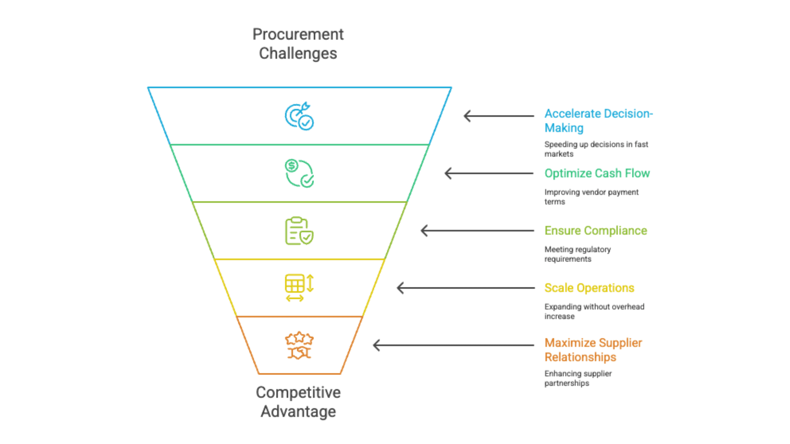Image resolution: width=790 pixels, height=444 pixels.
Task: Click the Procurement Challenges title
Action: pos(298,44)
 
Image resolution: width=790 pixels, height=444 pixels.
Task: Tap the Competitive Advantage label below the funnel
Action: pos(298,402)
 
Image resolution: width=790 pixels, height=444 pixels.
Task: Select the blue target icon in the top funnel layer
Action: pos(299,116)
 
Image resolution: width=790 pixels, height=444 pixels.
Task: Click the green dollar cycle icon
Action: pos(299,173)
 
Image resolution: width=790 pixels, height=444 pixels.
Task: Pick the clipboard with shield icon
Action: pos(299,231)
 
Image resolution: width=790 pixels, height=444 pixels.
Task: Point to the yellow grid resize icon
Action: pos(299,288)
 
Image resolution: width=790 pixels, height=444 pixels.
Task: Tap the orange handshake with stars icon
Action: pos(299,345)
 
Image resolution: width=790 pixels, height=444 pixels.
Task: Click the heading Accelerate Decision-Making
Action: pos(598,120)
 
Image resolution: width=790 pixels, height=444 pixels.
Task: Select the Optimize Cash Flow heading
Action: pos(597,173)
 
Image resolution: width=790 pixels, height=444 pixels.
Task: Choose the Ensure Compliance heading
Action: pos(595,231)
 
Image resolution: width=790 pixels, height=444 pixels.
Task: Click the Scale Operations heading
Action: pos(589,288)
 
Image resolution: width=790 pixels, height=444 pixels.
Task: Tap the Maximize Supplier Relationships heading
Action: pos(593,350)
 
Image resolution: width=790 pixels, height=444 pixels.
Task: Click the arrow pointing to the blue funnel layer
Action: pos(499,116)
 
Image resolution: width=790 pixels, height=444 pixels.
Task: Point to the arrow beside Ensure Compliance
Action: pos(477,231)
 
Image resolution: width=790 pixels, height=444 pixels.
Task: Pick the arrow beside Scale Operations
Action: pos(465,288)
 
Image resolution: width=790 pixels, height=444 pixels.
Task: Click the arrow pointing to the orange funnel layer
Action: pos(453,345)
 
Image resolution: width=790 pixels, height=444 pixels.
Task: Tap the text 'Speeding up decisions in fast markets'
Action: pos(596,149)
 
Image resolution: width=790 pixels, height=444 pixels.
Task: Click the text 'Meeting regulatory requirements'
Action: pos(577,254)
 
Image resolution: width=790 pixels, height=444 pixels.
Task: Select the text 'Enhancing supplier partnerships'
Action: pos(578,378)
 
